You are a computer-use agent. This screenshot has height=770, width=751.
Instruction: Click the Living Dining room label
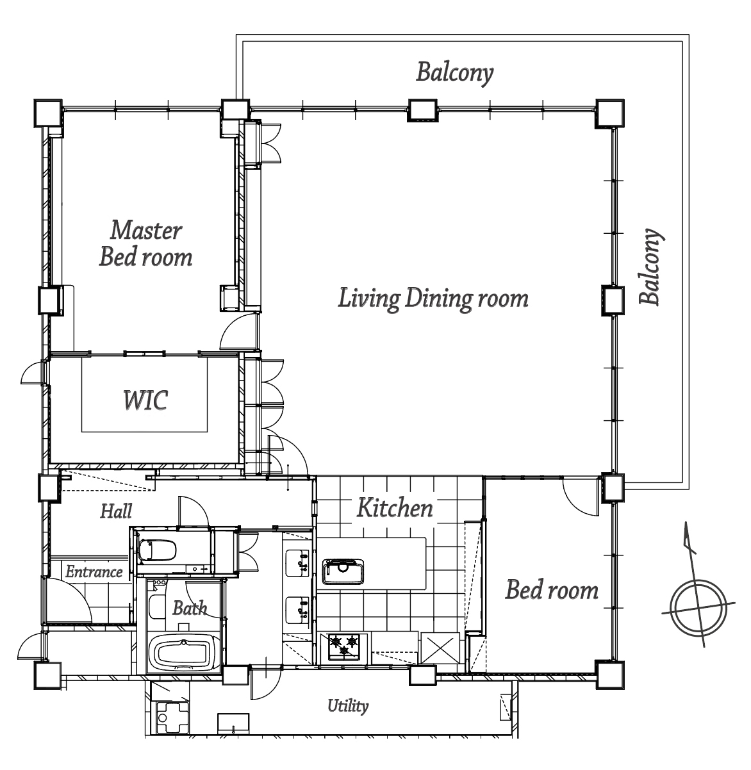click(433, 299)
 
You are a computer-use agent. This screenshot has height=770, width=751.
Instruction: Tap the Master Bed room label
click(145, 243)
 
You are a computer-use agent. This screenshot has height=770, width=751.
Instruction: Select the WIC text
click(145, 400)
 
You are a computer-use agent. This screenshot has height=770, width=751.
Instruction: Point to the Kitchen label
click(395, 507)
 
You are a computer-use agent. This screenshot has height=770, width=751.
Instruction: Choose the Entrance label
click(94, 572)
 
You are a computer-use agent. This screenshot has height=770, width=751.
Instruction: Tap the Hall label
click(116, 511)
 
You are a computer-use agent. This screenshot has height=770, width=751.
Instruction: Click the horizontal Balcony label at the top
click(455, 73)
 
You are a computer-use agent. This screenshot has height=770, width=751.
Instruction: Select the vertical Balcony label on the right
click(651, 266)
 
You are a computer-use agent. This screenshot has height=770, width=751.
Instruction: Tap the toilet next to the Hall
click(157, 550)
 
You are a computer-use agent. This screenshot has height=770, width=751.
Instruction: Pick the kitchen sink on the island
click(343, 571)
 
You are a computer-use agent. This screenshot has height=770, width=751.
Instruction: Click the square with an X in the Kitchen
click(440, 648)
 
